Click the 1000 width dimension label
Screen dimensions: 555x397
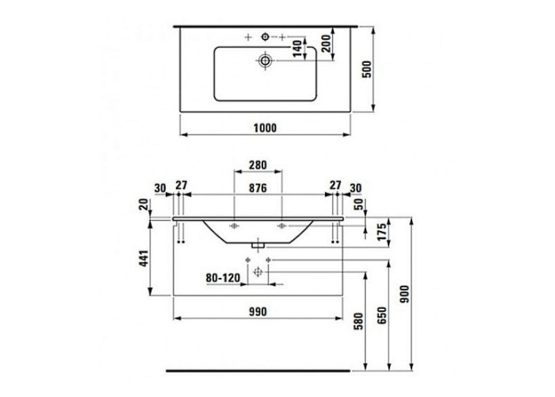tap(265, 128)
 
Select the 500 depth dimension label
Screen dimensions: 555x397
tap(368, 69)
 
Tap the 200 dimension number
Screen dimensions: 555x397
tap(327, 43)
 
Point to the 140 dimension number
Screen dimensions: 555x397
tap(297, 48)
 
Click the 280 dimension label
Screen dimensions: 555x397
tap(258, 165)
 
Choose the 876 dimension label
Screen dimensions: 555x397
tap(258, 188)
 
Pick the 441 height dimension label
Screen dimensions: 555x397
tap(144, 258)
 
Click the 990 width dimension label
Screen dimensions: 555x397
tap(258, 311)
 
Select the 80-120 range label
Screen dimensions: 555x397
tap(223, 278)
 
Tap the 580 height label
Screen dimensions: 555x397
tap(359, 321)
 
